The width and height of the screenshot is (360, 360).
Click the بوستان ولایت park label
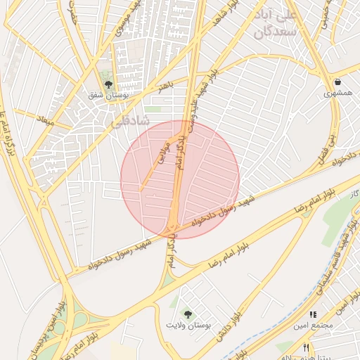[188, 325]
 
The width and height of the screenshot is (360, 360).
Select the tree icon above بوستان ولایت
[188, 314]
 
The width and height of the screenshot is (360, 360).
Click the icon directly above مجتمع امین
[314, 314]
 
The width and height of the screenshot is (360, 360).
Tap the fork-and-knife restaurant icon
[306, 347]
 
